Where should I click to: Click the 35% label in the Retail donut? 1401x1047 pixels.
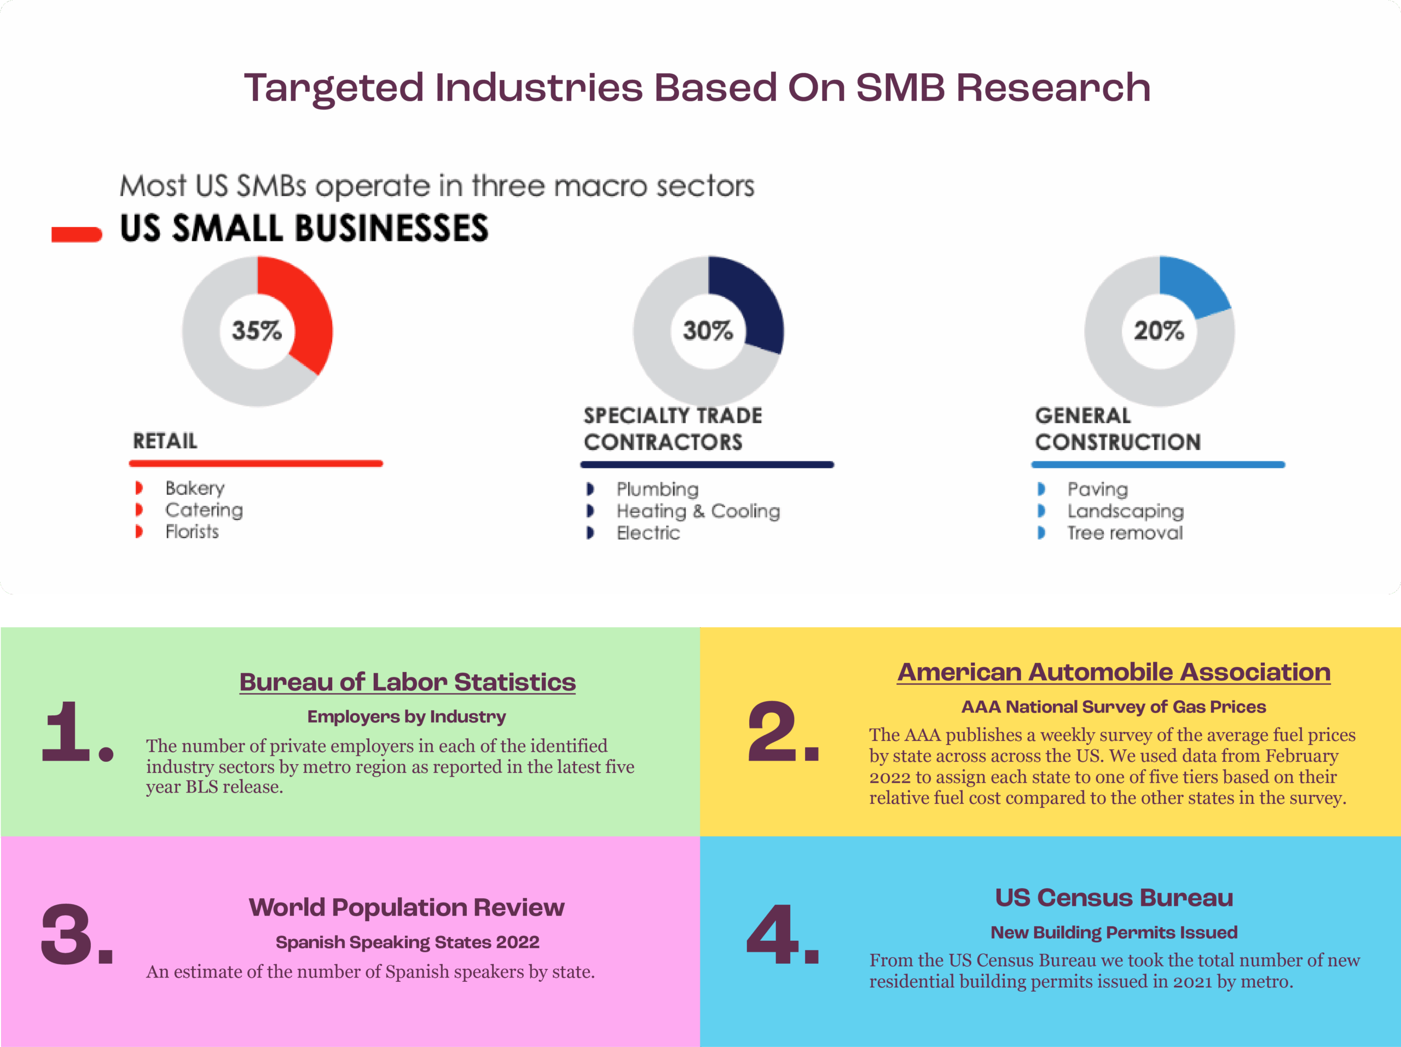tap(257, 331)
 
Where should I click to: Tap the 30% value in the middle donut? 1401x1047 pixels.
tap(708, 331)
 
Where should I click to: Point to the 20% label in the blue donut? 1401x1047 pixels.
tap(1159, 331)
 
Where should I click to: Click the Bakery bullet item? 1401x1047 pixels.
tap(195, 488)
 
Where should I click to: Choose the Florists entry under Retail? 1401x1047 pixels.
tap(192, 531)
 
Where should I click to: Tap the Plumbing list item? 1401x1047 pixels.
tap(657, 489)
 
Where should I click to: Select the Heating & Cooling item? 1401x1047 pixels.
tap(698, 511)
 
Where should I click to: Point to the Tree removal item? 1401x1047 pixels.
tap(1125, 533)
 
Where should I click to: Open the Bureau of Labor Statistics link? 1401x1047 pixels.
tap(407, 682)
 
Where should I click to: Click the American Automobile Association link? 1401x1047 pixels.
tap(1114, 672)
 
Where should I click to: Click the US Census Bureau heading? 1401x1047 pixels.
tap(1114, 898)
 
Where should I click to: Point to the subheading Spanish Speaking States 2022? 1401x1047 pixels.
tap(407, 942)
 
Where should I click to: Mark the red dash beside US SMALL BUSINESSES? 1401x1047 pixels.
tap(77, 234)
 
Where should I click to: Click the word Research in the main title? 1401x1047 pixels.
tap(1052, 88)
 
